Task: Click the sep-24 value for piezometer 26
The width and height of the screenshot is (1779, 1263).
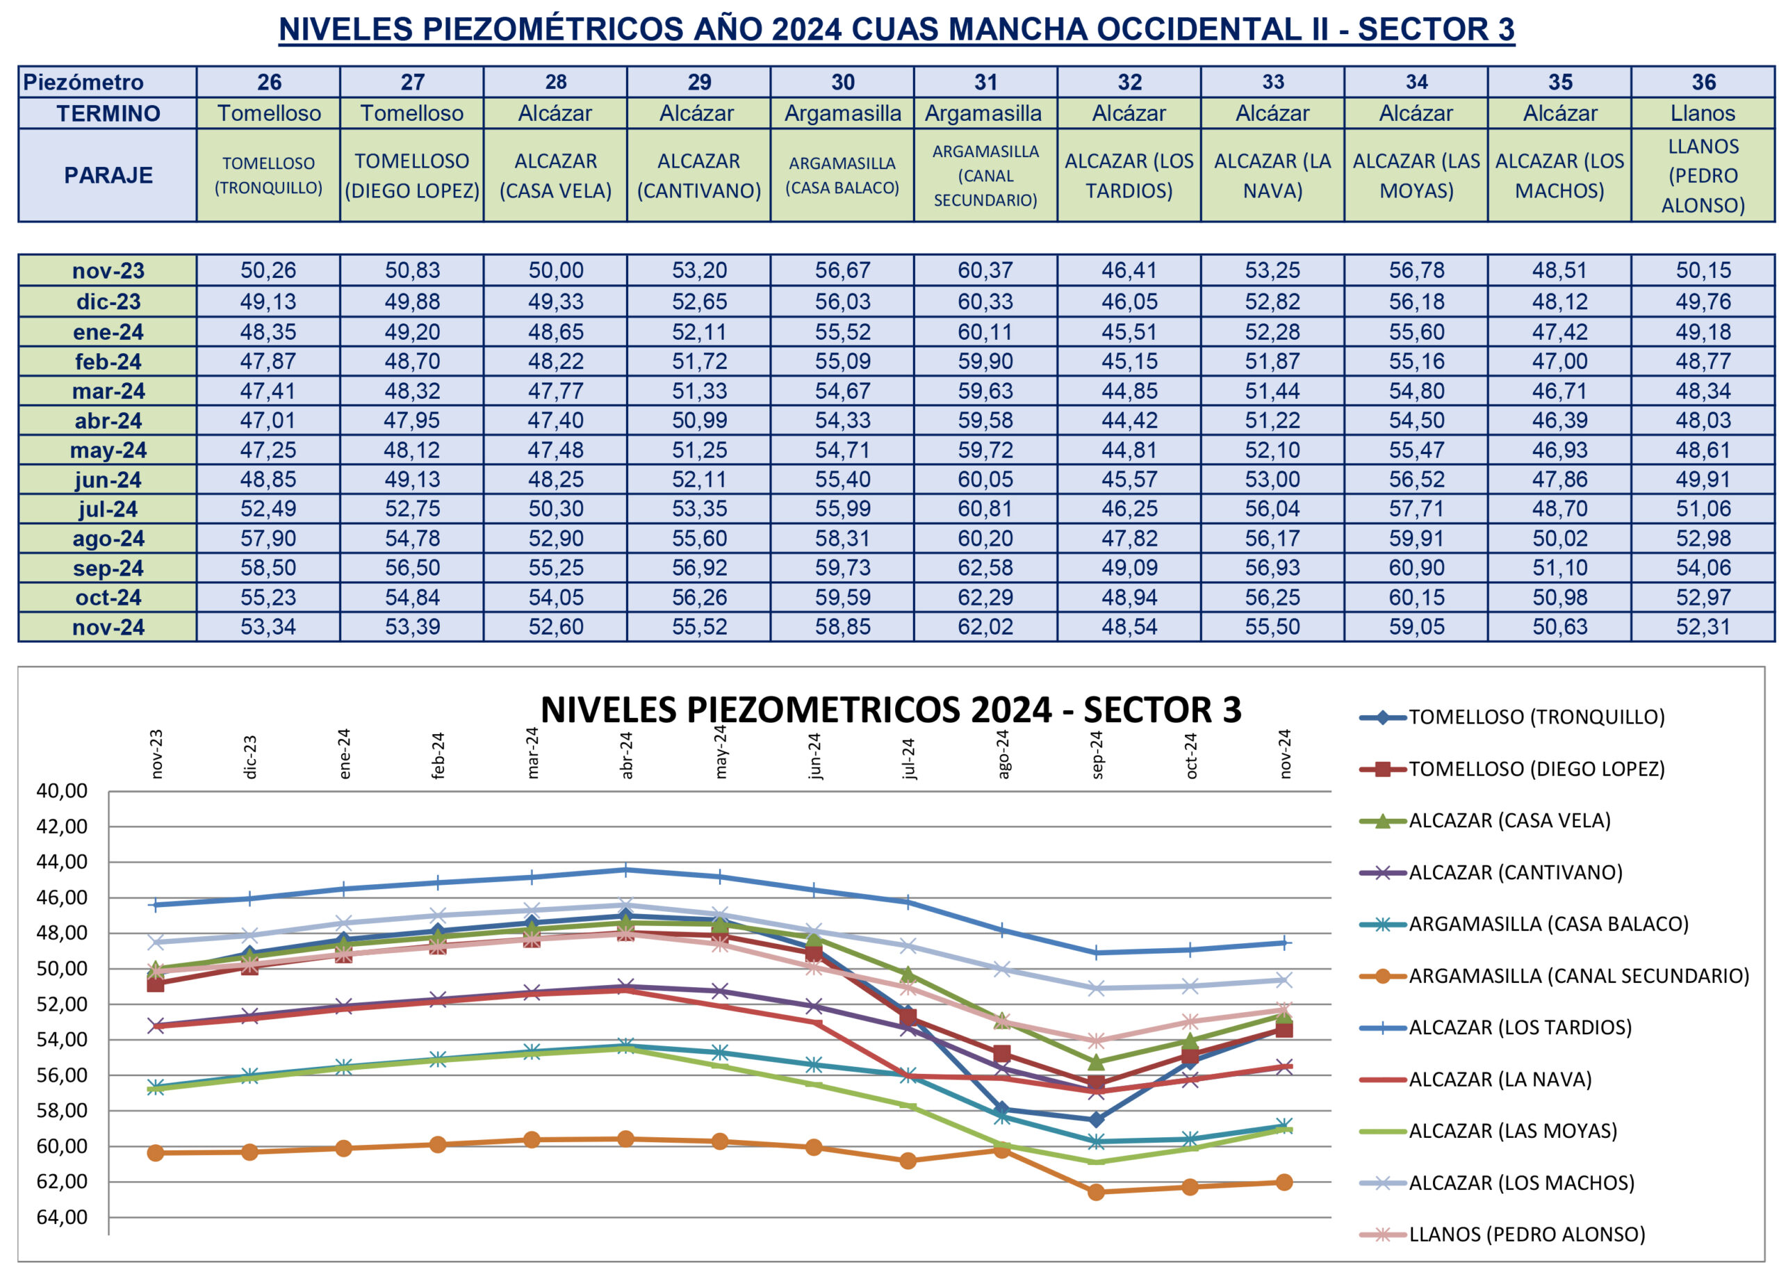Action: click(x=268, y=568)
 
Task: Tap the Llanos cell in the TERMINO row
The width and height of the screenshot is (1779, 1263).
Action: click(x=1703, y=113)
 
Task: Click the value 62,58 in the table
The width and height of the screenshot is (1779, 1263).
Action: click(x=985, y=568)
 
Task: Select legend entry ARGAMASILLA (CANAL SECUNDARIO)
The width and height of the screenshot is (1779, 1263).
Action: click(x=1578, y=976)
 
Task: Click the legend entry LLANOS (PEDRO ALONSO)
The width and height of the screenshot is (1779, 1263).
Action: click(x=1527, y=1235)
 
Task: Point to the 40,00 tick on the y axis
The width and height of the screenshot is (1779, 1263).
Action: click(x=63, y=792)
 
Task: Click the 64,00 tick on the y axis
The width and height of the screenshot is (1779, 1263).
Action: click(x=63, y=1217)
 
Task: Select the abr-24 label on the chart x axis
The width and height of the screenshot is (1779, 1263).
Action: click(x=627, y=755)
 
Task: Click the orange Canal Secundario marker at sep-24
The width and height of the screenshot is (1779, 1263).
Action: click(x=1097, y=1192)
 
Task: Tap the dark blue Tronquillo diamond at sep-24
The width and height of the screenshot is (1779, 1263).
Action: click(x=1097, y=1120)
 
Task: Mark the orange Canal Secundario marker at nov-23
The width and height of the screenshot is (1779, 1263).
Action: click(x=156, y=1152)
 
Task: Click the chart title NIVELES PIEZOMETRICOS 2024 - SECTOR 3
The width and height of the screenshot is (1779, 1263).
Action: click(x=891, y=709)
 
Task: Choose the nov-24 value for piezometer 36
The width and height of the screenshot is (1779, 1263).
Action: click(x=1703, y=627)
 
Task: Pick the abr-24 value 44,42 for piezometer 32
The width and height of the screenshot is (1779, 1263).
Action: click(x=1129, y=421)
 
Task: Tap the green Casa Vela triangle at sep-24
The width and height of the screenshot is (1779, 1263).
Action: click(x=1097, y=1061)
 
